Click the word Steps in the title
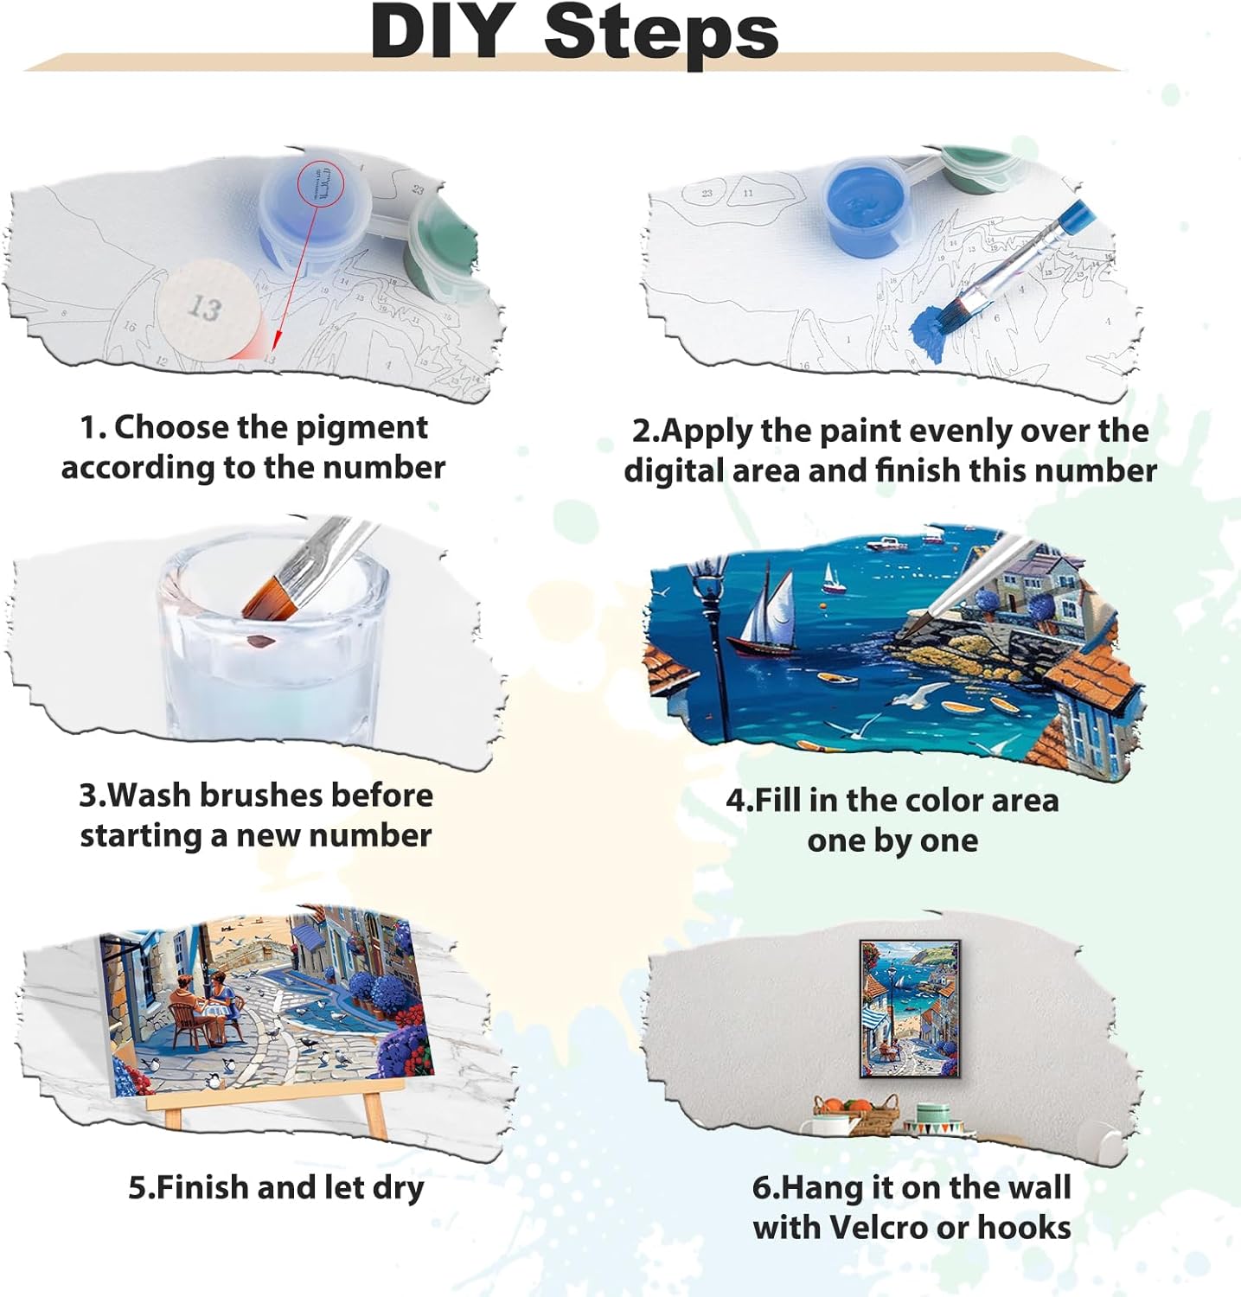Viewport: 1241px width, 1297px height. (662, 33)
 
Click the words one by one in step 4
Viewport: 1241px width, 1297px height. (892, 840)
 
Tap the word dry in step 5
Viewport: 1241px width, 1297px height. (398, 1189)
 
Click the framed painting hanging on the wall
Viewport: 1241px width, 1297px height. (910, 1009)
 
